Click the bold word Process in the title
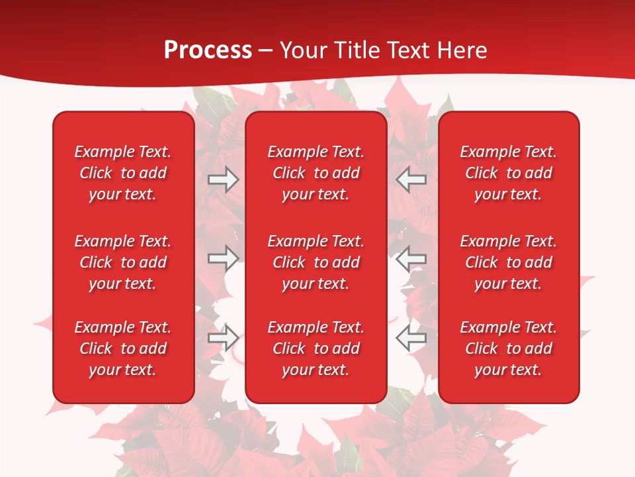(x=208, y=50)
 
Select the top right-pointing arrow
(x=223, y=180)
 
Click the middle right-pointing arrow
(x=223, y=258)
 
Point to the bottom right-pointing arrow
(x=223, y=337)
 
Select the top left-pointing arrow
(x=411, y=180)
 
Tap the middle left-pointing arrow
(x=411, y=258)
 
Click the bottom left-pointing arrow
(x=411, y=337)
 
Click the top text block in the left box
(x=123, y=173)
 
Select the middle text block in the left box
(x=123, y=262)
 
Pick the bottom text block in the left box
(x=123, y=348)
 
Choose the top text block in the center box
(x=316, y=173)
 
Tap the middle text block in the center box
(x=316, y=262)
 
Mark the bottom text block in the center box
(x=316, y=348)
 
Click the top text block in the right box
(x=508, y=173)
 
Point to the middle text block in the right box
(x=508, y=262)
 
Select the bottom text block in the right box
(x=508, y=348)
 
